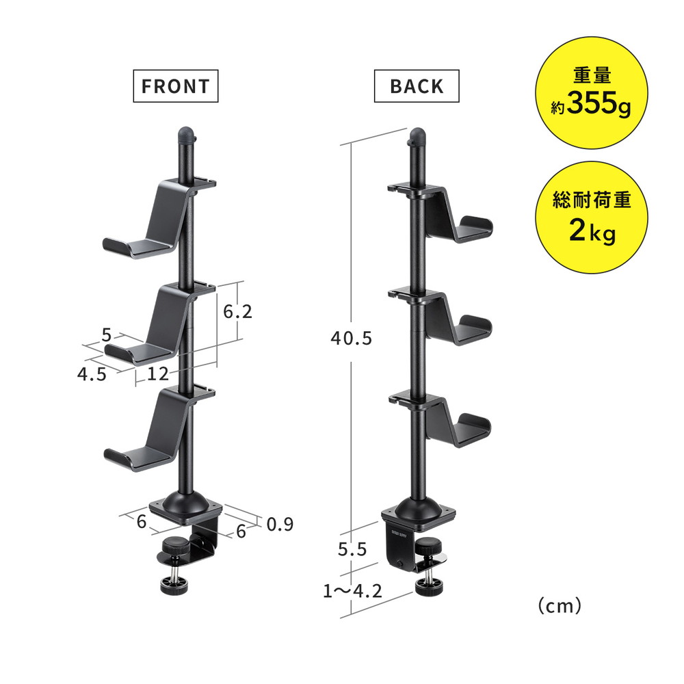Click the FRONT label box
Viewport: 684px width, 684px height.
click(x=175, y=86)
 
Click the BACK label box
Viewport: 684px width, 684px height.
click(x=417, y=86)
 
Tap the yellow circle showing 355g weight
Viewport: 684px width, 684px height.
click(x=591, y=92)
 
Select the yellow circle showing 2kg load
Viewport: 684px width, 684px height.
click(x=591, y=218)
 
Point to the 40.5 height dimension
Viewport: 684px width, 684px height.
click(x=351, y=338)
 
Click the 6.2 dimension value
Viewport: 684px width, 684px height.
click(x=238, y=311)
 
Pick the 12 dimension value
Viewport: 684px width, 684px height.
click(x=157, y=374)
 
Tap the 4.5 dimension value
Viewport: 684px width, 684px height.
click(x=92, y=374)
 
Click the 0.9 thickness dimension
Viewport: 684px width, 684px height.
click(x=280, y=524)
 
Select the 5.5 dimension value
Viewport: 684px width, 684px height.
click(x=352, y=549)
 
